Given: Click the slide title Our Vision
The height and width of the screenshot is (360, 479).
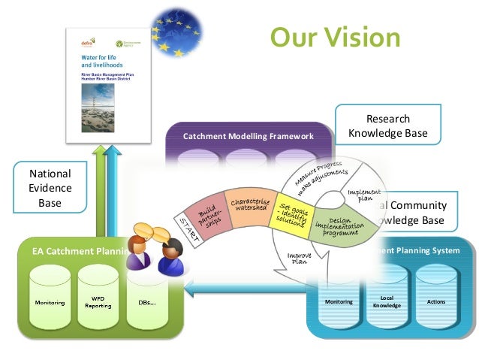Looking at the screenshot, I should pos(336,37).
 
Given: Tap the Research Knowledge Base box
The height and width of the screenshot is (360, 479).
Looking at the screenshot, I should pos(387,126).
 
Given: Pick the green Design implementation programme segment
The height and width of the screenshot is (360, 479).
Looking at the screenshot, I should pos(335,225).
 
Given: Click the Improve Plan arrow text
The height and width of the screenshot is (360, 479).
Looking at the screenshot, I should pos(300,260).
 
